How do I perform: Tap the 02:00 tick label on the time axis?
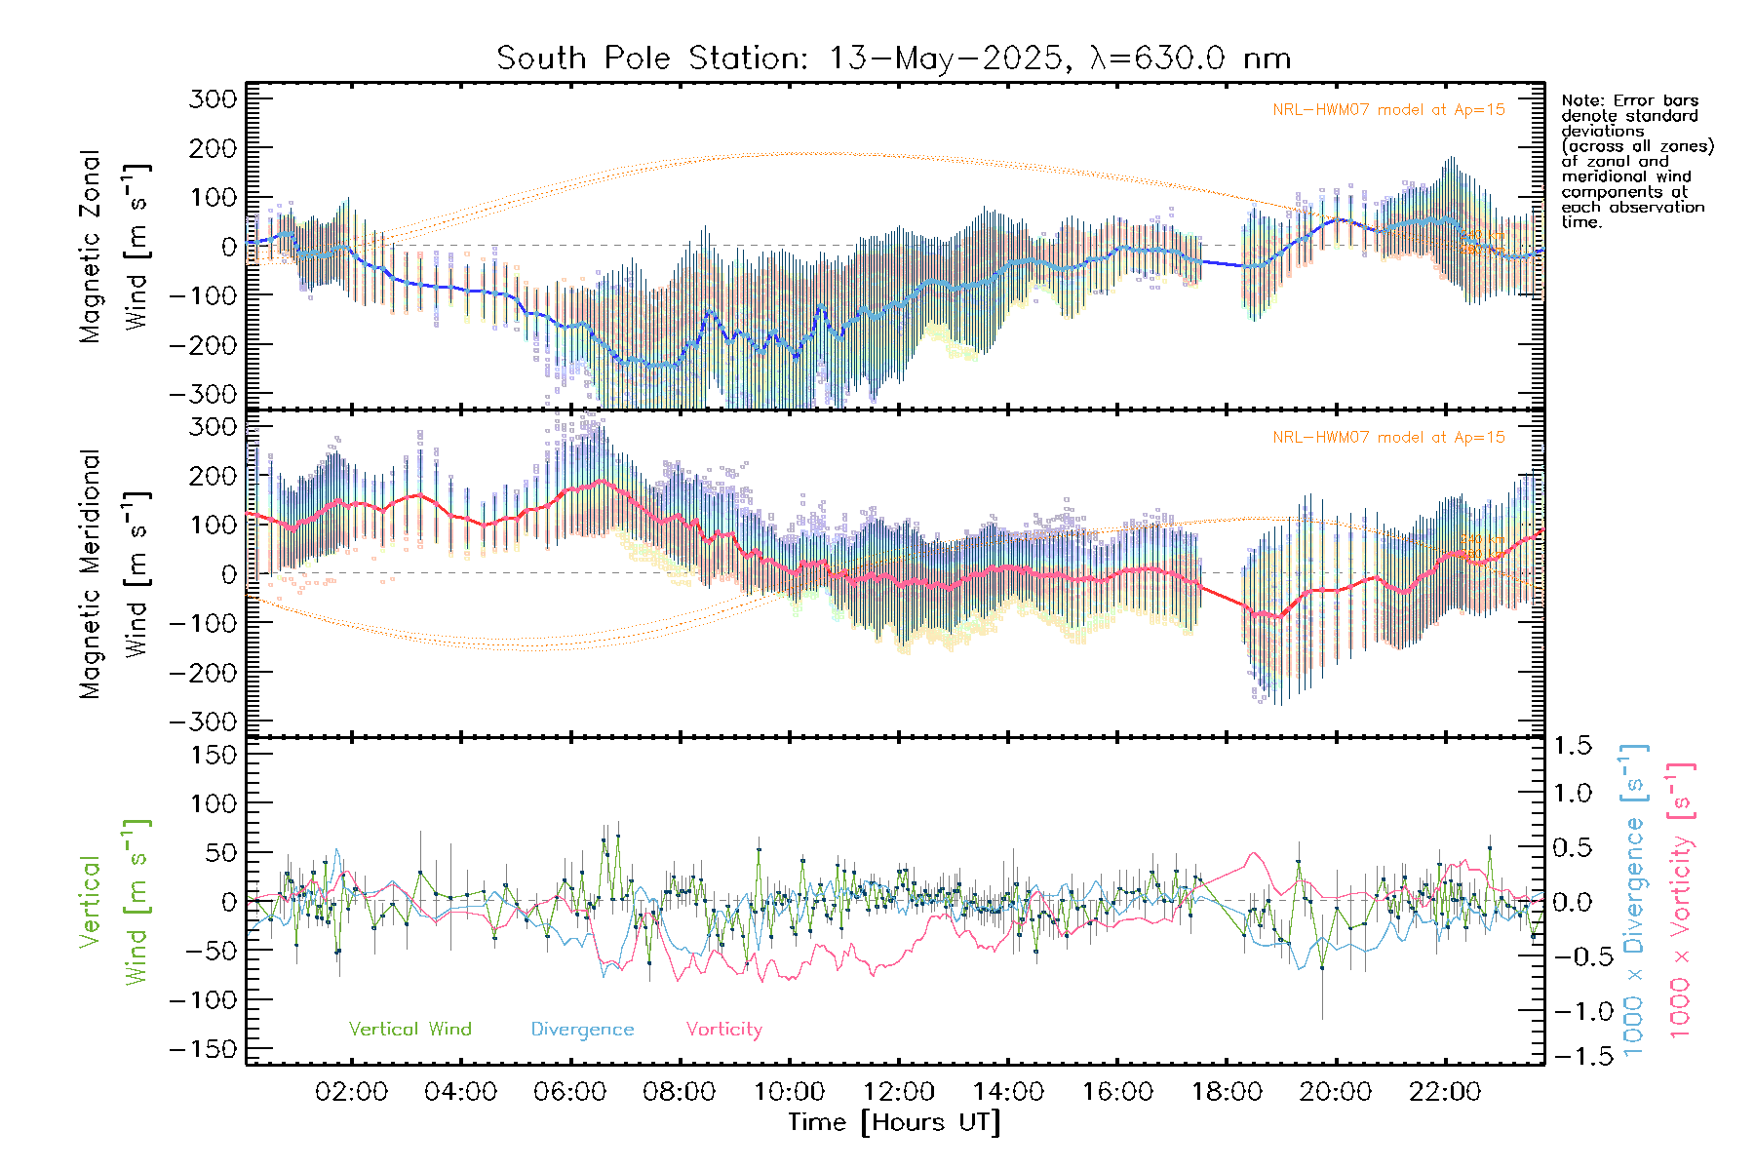351,1092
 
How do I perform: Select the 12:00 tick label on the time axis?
898,1092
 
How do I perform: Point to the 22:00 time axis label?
1445,1092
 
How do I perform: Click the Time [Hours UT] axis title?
894,1122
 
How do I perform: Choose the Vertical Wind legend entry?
409,1030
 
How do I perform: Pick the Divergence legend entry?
582,1030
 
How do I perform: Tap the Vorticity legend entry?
723,1030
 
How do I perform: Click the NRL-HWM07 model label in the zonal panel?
1388,110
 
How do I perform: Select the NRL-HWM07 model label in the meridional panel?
1388,438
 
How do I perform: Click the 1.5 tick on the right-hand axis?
1573,746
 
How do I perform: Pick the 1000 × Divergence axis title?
1634,900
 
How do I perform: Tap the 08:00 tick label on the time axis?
680,1092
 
